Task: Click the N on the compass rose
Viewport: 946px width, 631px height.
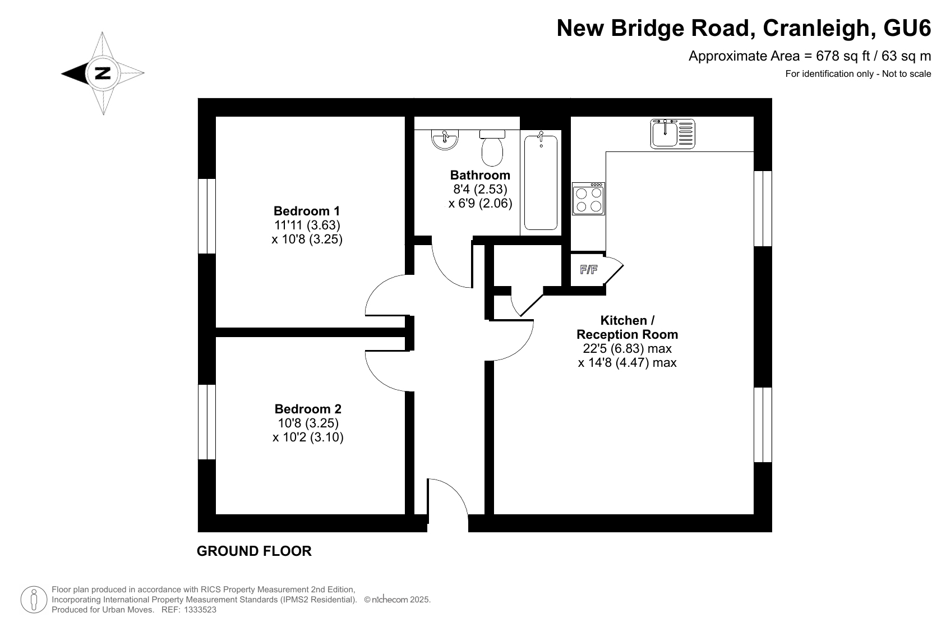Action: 103,73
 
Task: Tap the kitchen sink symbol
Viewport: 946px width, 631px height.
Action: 672,133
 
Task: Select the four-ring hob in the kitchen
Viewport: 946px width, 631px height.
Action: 588,199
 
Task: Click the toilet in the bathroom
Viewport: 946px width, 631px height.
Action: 492,148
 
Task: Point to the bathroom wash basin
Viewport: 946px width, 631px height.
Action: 445,140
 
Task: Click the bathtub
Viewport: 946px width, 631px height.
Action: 541,182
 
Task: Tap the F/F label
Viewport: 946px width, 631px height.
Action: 589,269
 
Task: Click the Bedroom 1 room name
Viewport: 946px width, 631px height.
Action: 307,211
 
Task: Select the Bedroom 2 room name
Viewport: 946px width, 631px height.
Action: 308,409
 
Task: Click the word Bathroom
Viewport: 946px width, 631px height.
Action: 480,175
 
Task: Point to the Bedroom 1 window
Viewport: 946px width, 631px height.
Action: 207,217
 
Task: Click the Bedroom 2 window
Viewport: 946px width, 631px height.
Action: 207,422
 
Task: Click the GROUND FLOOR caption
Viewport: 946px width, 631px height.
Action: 254,551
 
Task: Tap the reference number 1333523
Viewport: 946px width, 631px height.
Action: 200,610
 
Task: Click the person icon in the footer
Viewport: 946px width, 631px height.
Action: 34,600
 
